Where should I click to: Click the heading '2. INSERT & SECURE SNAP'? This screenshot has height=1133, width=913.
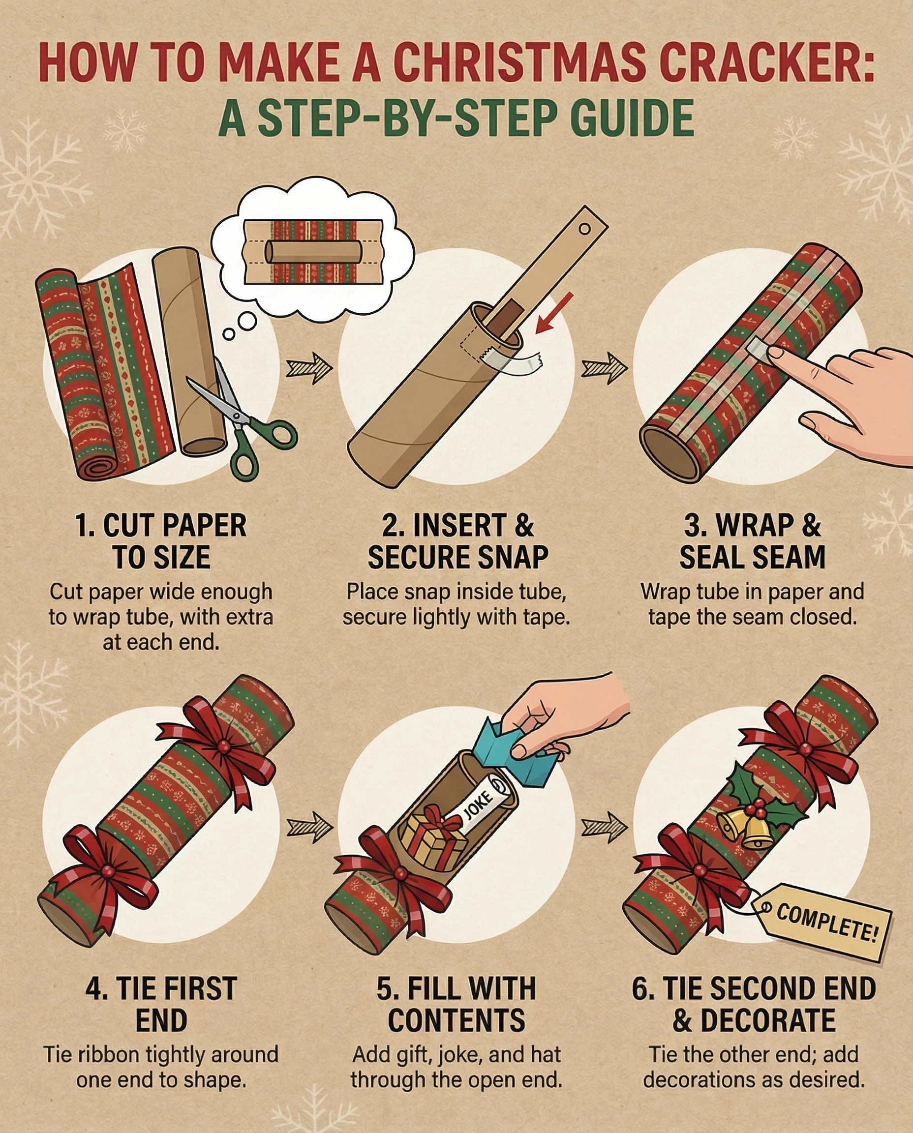(457, 541)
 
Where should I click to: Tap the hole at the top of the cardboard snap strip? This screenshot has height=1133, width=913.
(584, 229)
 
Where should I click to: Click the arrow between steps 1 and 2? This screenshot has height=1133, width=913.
(309, 367)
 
